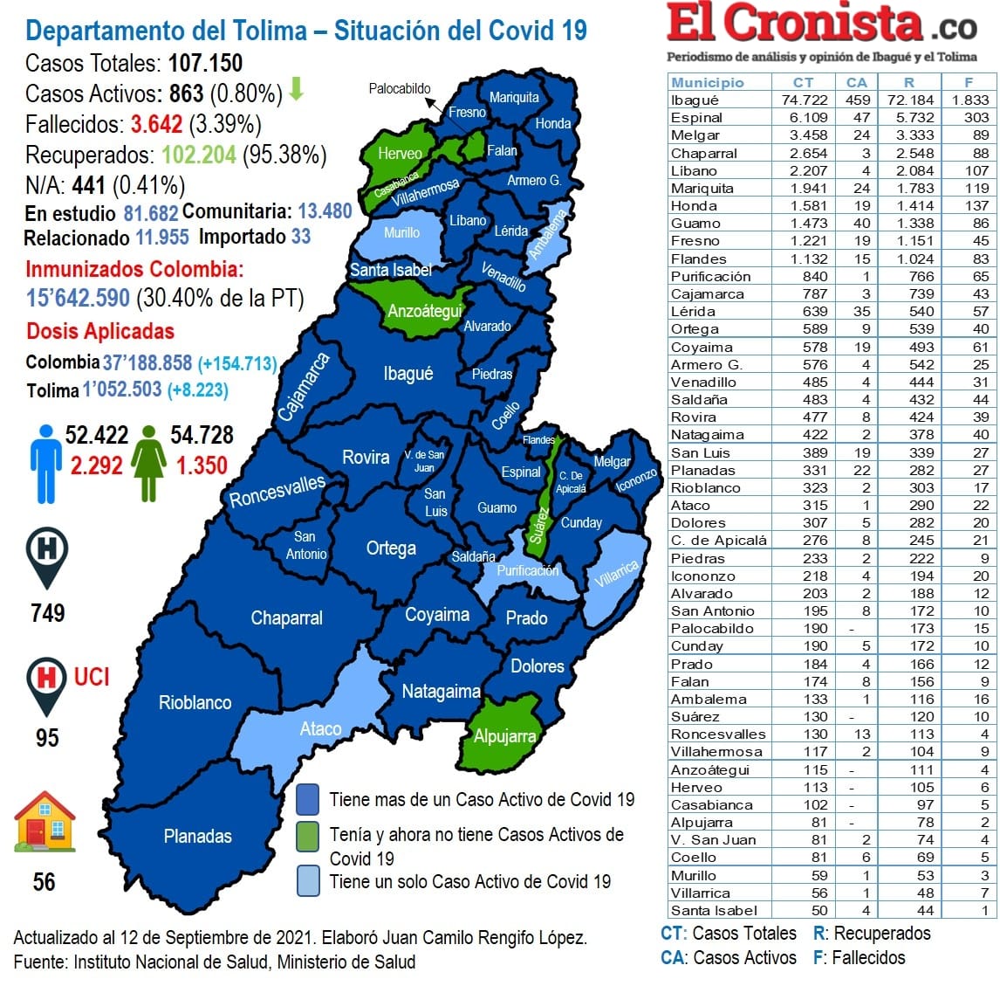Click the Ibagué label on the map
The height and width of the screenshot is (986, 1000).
408,374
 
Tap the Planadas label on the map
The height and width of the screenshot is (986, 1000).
198,836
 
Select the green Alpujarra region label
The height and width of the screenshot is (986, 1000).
504,736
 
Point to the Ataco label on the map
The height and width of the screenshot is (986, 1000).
320,728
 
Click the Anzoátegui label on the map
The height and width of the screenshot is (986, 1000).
424,311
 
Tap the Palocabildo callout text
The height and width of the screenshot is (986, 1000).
400,88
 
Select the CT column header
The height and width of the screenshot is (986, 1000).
803,82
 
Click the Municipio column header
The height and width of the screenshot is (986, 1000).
708,82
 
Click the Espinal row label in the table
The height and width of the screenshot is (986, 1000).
696,117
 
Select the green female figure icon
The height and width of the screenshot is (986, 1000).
149,464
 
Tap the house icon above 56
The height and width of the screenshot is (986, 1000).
45,822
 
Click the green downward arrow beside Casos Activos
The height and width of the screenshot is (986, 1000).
297,89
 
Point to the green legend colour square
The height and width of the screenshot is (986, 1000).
307,836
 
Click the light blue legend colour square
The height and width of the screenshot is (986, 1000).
307,880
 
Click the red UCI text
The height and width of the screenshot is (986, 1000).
92,677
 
